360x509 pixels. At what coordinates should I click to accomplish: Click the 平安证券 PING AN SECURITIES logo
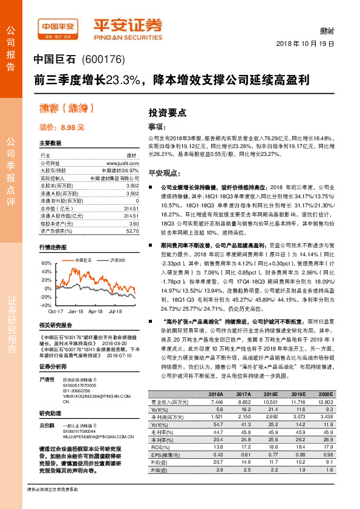click(x=127, y=28)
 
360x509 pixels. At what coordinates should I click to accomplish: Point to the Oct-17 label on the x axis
click(x=56, y=311)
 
